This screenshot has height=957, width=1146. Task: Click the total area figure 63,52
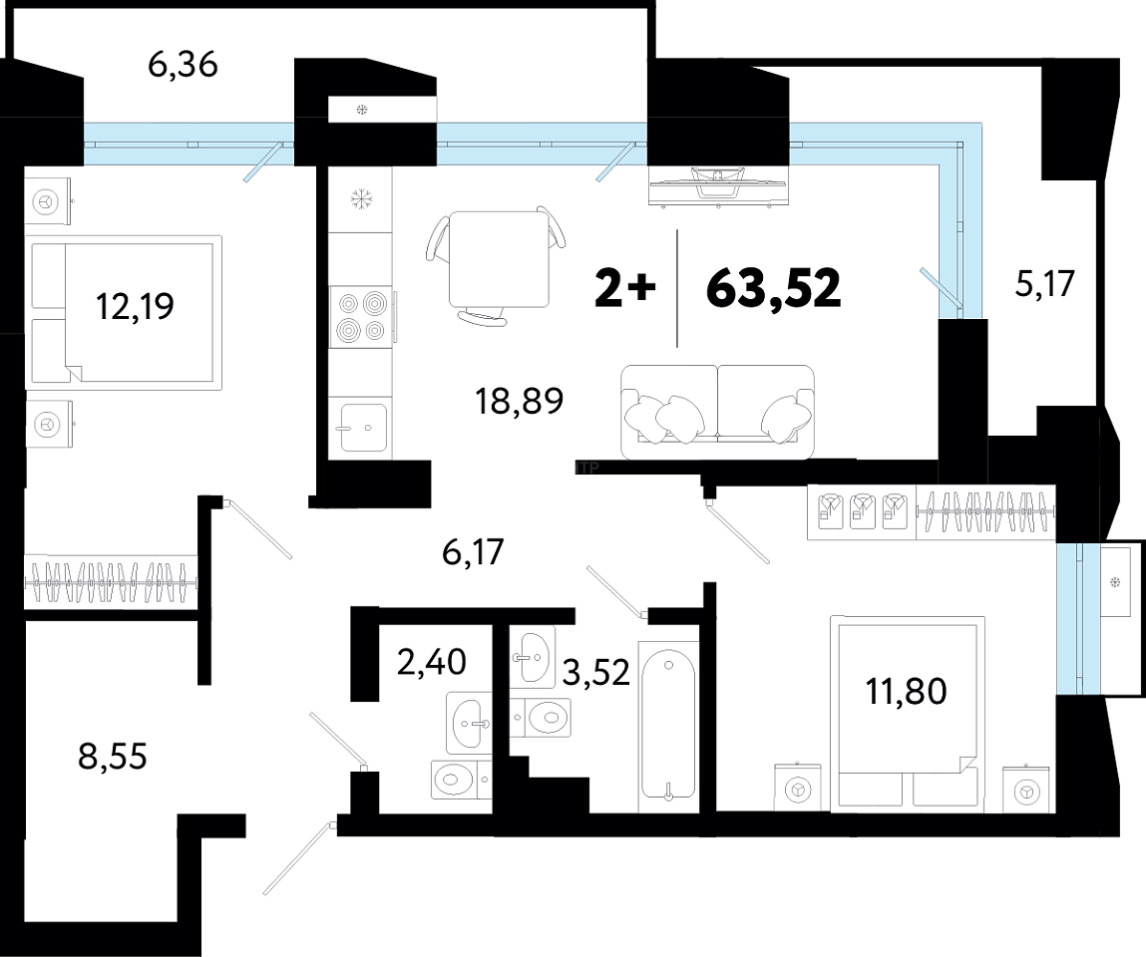point(773,288)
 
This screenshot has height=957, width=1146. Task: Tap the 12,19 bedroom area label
point(136,306)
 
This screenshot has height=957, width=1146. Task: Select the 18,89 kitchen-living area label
point(519,401)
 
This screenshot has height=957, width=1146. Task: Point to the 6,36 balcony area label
point(183,65)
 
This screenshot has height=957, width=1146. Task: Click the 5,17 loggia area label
point(1045,284)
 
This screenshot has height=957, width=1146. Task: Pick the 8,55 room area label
point(113,756)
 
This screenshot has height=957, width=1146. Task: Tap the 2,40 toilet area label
point(431,662)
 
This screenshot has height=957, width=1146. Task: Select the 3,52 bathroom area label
point(596,672)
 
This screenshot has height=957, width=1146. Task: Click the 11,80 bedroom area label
point(907,691)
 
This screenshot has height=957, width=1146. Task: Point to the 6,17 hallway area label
point(473,551)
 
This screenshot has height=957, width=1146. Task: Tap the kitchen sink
point(363,428)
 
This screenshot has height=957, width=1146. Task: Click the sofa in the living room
point(717,412)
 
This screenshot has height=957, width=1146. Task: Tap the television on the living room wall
point(718,185)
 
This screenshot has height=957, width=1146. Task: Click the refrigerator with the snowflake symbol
point(360,199)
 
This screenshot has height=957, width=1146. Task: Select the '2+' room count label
point(625,288)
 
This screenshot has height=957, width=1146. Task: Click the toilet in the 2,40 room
point(461,781)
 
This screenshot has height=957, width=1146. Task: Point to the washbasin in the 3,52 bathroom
point(532,657)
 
